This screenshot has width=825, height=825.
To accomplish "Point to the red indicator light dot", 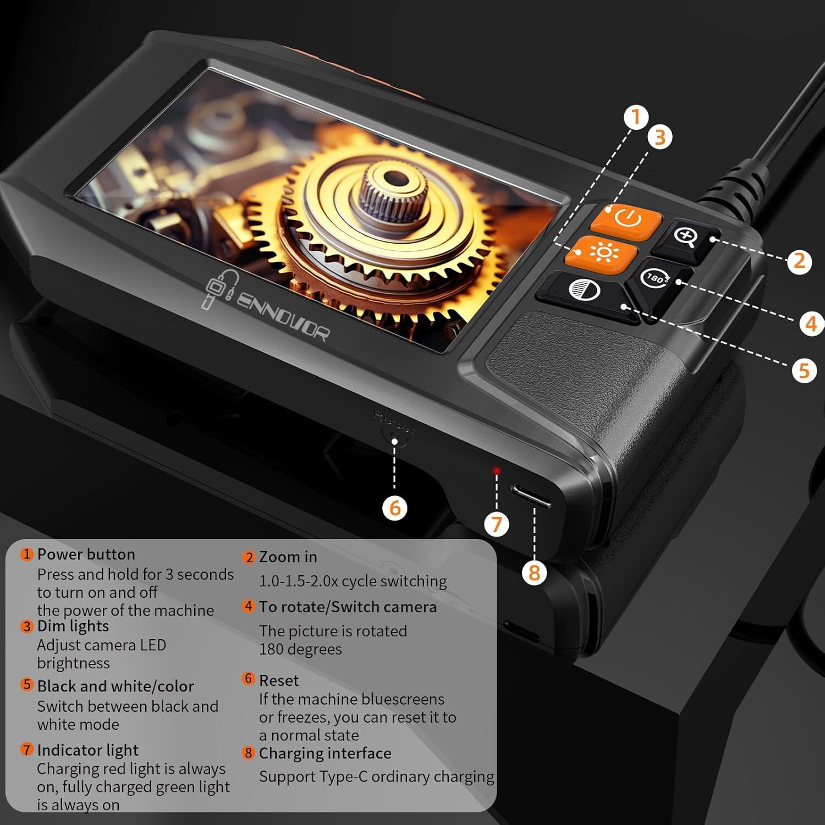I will [497, 471].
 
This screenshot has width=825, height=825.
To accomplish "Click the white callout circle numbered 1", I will [636, 118].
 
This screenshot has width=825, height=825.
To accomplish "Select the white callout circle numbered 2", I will [799, 261].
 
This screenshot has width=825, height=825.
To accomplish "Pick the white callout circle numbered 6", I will [395, 508].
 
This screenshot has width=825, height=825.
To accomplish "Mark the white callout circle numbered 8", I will [534, 573].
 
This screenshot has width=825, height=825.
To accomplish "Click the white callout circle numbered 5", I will [804, 370].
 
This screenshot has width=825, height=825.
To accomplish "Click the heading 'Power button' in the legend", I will [86, 554].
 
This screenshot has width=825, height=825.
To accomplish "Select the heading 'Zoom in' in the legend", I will [288, 557].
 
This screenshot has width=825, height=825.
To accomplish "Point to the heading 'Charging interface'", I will [325, 754].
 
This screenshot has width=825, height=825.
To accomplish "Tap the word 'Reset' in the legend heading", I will [279, 681].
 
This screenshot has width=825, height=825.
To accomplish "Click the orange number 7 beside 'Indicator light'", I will [26, 749].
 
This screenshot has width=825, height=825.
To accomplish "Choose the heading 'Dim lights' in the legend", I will [73, 626].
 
